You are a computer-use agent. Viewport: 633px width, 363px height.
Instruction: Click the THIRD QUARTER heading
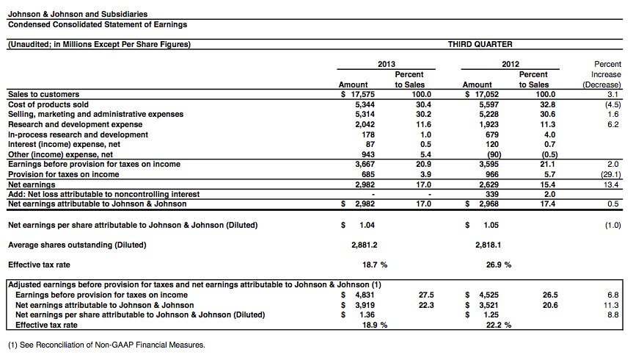pyautogui.click(x=480, y=44)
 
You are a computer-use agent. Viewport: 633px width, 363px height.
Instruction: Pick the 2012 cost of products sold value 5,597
pyautogui.click(x=483, y=104)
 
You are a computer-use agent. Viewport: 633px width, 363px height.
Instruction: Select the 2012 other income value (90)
pyautogui.click(x=485, y=155)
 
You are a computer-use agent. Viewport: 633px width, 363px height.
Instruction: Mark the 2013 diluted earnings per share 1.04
pyautogui.click(x=369, y=225)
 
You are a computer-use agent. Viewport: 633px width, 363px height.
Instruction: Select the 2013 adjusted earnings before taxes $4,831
pyautogui.click(x=360, y=295)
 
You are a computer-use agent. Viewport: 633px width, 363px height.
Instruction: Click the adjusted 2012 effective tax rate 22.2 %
pyautogui.click(x=499, y=325)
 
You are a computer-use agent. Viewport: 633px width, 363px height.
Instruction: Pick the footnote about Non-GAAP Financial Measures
pyautogui.click(x=106, y=345)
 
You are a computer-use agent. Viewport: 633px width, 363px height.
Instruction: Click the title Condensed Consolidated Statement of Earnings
pyautogui.click(x=97, y=24)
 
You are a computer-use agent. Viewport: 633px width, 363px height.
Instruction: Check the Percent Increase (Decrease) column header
pyautogui.click(x=606, y=75)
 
